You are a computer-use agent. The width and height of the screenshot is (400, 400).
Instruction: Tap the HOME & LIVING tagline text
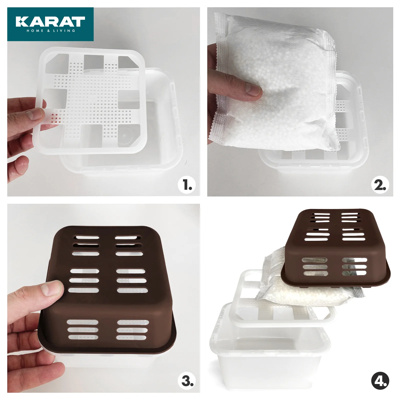(51, 31)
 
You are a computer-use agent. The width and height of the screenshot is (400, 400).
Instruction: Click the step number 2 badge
(380, 185)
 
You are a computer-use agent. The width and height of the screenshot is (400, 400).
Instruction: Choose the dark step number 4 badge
(380, 381)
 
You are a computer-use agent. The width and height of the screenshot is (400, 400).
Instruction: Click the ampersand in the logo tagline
(48, 31)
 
